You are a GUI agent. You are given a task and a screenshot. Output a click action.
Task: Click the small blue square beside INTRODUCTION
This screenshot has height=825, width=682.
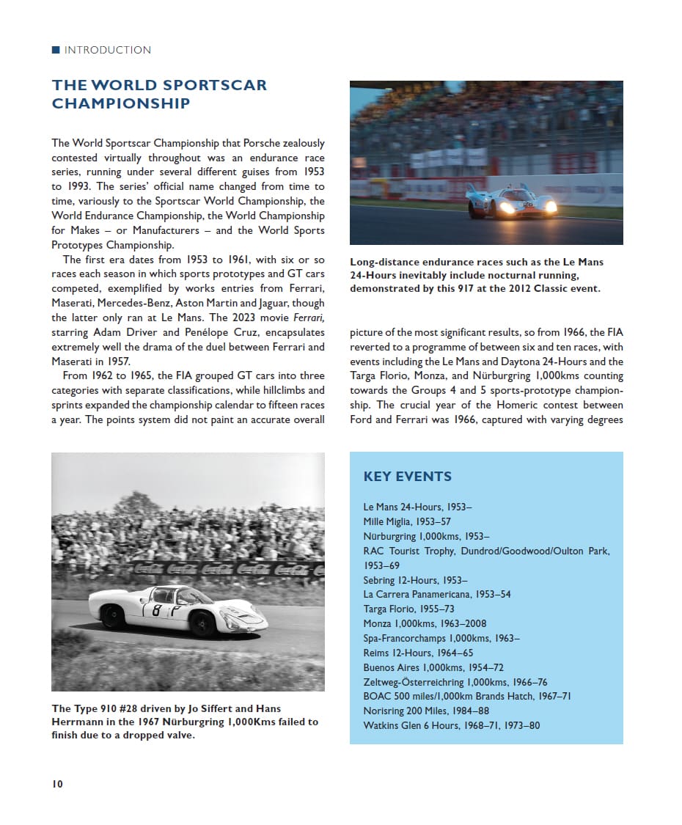(56, 50)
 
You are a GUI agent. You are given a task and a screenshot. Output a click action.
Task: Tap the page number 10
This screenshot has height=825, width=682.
(57, 784)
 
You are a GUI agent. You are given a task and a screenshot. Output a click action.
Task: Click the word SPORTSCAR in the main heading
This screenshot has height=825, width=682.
(214, 85)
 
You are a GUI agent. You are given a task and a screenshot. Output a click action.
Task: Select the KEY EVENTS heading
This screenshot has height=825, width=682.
(407, 477)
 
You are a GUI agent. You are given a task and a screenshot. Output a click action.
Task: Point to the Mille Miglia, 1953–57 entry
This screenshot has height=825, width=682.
(406, 521)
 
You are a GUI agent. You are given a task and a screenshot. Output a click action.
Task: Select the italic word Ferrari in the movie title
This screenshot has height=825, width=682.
(309, 318)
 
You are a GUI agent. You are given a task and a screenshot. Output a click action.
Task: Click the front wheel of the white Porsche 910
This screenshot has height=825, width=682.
(202, 624)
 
